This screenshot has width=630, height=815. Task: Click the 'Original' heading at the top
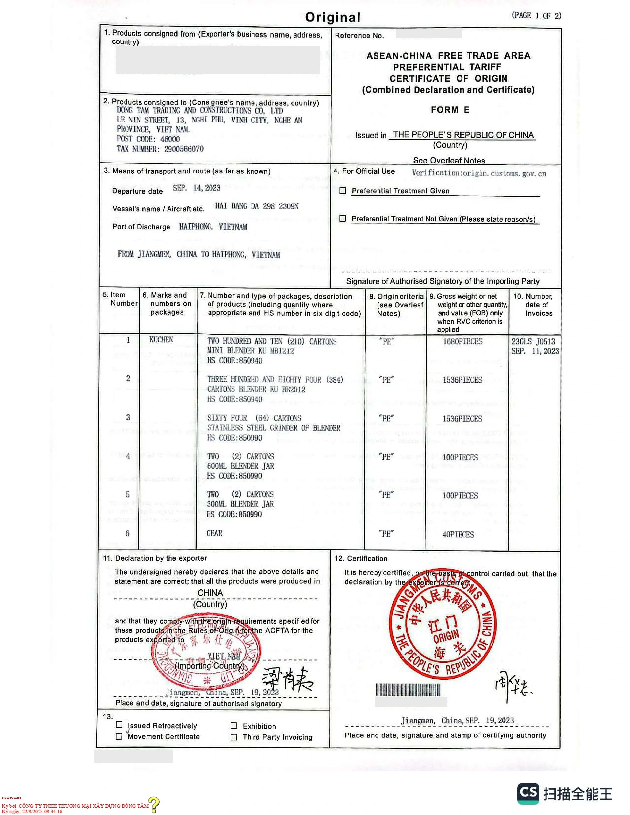[x=333, y=17]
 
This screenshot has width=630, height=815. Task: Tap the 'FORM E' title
[x=450, y=110]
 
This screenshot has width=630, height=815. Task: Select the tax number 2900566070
[x=183, y=149]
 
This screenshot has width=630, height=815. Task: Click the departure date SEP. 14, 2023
[x=196, y=188]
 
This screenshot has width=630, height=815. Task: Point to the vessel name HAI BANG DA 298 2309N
[x=256, y=206]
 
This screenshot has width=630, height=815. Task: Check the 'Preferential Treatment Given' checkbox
[x=343, y=190]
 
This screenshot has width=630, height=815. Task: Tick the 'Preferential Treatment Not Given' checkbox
[x=343, y=218]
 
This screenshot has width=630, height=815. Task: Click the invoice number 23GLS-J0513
[x=533, y=341]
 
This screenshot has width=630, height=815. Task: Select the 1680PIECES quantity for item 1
[x=462, y=341]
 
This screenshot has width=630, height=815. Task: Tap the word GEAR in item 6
[x=214, y=533]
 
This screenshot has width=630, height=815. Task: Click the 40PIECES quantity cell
[x=458, y=534]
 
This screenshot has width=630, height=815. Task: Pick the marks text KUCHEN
[x=161, y=340]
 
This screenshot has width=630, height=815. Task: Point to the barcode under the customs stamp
[x=408, y=690]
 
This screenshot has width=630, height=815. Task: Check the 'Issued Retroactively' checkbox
[x=119, y=725]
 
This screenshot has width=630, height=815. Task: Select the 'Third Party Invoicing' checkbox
[x=234, y=737]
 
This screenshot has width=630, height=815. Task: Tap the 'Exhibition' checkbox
[x=234, y=726]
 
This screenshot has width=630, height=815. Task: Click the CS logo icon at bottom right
[x=528, y=793]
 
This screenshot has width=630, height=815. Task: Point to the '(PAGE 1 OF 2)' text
[x=537, y=16]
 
